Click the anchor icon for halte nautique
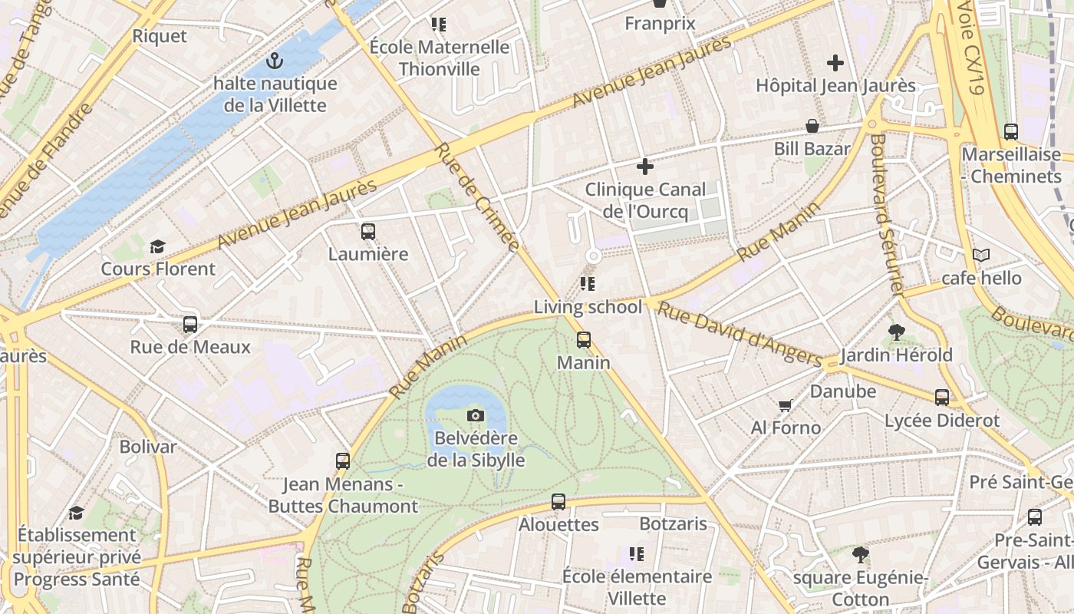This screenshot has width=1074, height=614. (x=274, y=60)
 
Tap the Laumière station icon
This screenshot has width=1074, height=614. (x=368, y=231)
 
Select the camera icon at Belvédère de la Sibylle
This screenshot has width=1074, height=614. (x=476, y=415)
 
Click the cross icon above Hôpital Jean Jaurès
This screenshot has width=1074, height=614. (x=835, y=63)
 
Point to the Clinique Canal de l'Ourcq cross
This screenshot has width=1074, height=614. (x=645, y=166)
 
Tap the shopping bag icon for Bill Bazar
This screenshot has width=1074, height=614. (x=812, y=126)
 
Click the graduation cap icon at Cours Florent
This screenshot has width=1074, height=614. (x=157, y=246)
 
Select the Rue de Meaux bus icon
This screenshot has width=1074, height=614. (x=190, y=324)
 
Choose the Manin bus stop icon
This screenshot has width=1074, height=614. (x=584, y=339)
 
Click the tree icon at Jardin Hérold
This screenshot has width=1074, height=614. (x=896, y=332)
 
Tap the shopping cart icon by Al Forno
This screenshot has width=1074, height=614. (x=785, y=405)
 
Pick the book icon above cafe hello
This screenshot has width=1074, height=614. (x=980, y=255)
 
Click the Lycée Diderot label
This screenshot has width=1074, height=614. (x=942, y=421)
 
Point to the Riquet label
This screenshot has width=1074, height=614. (x=160, y=36)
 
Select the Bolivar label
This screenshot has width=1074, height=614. (x=148, y=446)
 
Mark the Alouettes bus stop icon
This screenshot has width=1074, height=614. (x=558, y=502)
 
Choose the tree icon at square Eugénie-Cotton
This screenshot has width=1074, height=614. (x=861, y=554)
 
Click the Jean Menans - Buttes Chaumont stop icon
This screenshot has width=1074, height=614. (x=343, y=461)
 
